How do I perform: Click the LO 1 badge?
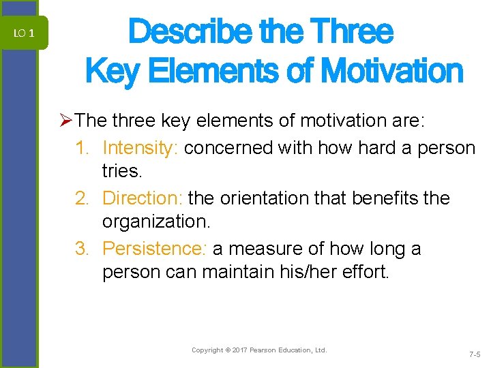coord(23,33)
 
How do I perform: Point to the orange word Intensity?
coord(140,148)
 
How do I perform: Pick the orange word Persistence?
coord(154,249)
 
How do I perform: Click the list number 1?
coord(83,148)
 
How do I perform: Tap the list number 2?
coord(83,198)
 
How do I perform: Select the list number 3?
coord(83,249)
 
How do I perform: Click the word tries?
coord(120,171)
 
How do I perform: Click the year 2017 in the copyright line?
coord(239,350)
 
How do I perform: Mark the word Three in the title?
coord(351,31)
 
